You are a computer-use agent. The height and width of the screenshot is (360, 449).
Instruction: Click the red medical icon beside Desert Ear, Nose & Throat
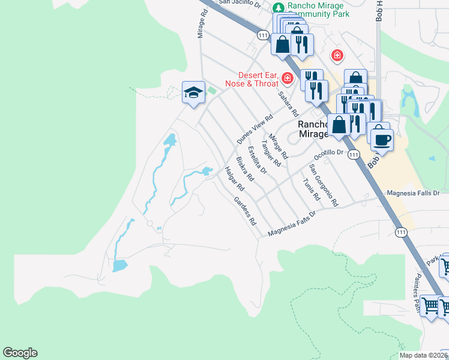pyautogui.click(x=288, y=78)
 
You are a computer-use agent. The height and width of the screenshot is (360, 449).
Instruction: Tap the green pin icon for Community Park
pyautogui.click(x=278, y=7)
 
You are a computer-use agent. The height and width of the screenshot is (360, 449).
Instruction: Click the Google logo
pyautogui.click(x=20, y=353)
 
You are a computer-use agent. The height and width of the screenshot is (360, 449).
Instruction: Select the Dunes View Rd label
pyautogui.click(x=255, y=128)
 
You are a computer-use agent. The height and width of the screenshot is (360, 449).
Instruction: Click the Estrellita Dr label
pyautogui.click(x=257, y=160)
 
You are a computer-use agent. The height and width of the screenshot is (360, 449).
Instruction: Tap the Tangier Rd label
pyautogui.click(x=271, y=154)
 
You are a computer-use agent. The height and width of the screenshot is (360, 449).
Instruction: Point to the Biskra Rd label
pyautogui.click(x=245, y=169)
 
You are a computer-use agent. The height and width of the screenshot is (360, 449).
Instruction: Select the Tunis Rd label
pyautogui.click(x=311, y=189)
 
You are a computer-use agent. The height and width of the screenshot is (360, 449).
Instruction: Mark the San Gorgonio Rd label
pyautogui.click(x=324, y=184)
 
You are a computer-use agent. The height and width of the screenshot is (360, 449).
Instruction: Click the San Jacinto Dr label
pyautogui.click(x=240, y=2)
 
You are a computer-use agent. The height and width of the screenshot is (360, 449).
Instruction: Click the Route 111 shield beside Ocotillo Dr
pyautogui.click(x=354, y=155)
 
